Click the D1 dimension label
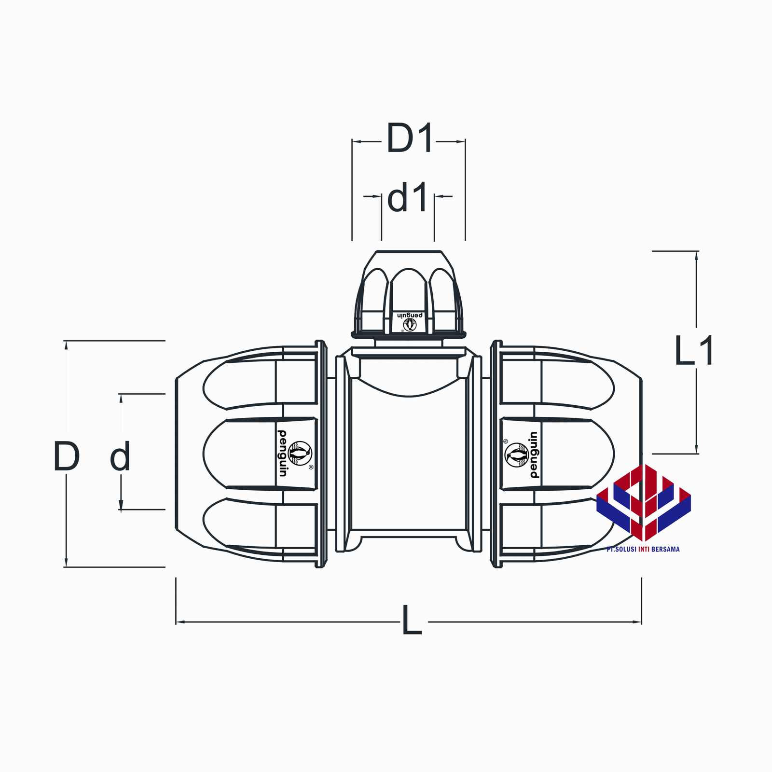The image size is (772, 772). pyautogui.click(x=409, y=139)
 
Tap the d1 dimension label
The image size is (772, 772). pyautogui.click(x=408, y=198)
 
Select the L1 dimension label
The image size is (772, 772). pyautogui.click(x=694, y=351)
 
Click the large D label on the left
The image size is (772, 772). pyautogui.click(x=66, y=456)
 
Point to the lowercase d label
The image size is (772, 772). pyautogui.click(x=120, y=456)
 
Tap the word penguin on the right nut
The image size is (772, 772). pyautogui.click(x=534, y=455)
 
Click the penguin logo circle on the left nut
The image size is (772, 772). pyautogui.click(x=300, y=454)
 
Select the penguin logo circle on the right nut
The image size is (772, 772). pyautogui.click(x=517, y=455)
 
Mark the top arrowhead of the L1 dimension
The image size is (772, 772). pyautogui.click(x=696, y=255)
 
